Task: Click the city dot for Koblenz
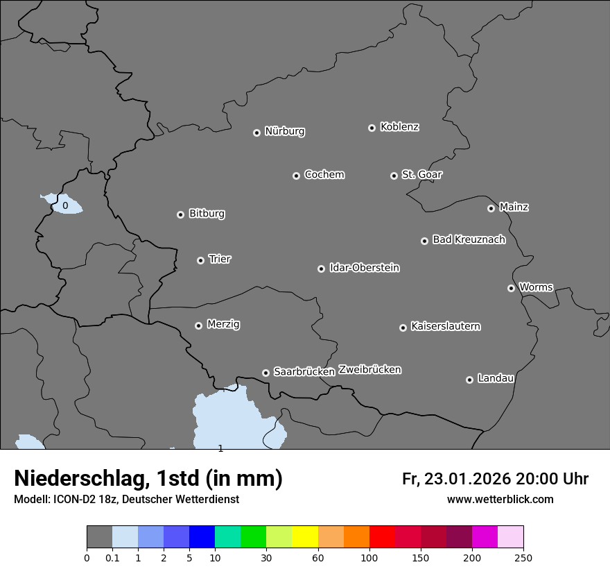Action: [x=372, y=128]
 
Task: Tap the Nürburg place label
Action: [x=284, y=131]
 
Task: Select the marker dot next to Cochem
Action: [x=296, y=176]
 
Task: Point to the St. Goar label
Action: [x=421, y=174]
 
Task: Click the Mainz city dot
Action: [x=491, y=208]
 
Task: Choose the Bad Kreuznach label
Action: [x=469, y=239]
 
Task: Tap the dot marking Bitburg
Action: [x=180, y=214]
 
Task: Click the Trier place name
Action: [x=220, y=259]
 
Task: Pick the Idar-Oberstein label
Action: [x=364, y=267]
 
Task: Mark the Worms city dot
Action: [x=511, y=288]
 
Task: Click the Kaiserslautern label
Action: [x=445, y=326]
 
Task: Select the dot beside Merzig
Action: [x=198, y=325]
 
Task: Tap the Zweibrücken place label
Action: [x=369, y=369]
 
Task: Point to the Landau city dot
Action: [x=469, y=380]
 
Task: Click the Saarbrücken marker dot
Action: [x=265, y=373]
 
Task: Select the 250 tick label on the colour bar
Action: [x=523, y=557]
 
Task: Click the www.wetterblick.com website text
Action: [x=500, y=499]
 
